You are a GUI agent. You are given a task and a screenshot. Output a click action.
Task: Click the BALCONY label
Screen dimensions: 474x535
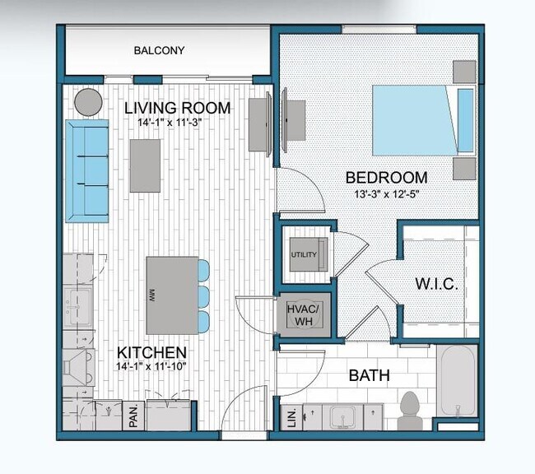[159, 51]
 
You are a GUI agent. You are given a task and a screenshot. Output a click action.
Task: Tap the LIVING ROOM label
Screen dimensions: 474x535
[177, 108]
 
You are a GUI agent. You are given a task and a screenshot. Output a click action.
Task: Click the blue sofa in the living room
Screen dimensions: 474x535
[87, 170]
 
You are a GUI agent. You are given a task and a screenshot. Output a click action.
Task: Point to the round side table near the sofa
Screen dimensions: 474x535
[88, 101]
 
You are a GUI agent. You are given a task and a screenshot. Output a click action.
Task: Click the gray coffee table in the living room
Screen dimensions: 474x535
[145, 165]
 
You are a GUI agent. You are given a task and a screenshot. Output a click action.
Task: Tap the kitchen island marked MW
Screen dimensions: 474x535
[171, 294]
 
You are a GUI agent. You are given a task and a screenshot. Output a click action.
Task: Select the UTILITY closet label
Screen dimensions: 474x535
[303, 254]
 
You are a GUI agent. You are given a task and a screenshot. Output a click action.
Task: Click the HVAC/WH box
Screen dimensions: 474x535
[303, 314]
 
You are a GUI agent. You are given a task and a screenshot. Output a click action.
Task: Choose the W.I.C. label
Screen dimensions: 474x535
[436, 284]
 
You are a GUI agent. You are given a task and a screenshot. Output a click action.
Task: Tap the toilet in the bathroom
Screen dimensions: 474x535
[409, 409]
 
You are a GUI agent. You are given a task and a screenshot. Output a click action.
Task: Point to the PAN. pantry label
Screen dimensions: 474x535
[133, 416]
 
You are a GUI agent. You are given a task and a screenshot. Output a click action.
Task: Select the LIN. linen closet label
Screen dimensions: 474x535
[289, 417]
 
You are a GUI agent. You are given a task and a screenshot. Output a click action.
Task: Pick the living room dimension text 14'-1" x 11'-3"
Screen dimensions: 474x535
[170, 122]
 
